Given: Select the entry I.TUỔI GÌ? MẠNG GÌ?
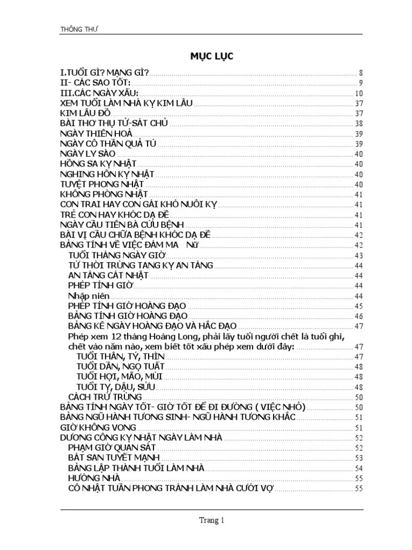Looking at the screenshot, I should coord(105,73).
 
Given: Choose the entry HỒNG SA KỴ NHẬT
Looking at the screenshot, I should coord(98,164).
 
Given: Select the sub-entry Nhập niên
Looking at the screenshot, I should coord(89,296).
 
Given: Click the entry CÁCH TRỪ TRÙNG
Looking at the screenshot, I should coord(101,397).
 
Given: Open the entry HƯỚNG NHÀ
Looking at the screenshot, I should coord(94,478).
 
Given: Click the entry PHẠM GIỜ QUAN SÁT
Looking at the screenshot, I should coord(112,447).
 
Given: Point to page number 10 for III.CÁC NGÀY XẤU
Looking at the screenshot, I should coord(359,93).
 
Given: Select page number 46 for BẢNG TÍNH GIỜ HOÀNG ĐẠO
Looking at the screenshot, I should coord(359,316).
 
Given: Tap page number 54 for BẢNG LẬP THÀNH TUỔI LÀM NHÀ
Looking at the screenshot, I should coord(359,468).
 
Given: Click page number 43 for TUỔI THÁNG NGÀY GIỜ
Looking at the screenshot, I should coord(359,256).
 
